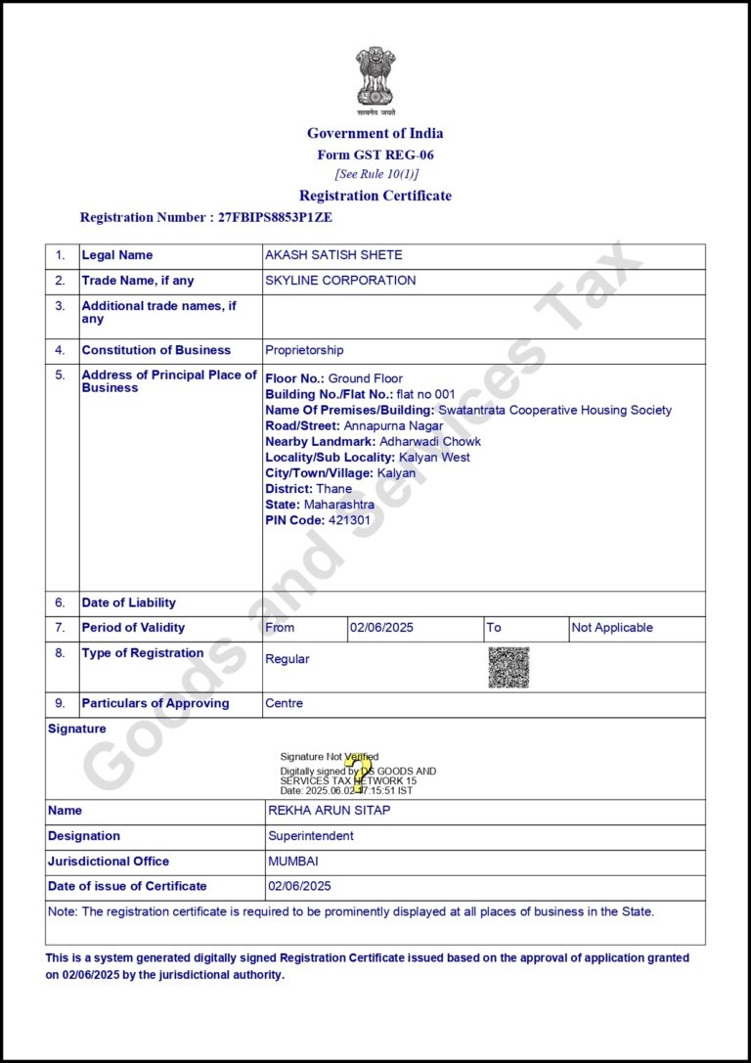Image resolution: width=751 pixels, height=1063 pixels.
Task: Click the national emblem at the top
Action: coord(375,78)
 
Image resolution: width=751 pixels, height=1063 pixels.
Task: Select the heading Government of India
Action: coord(375,133)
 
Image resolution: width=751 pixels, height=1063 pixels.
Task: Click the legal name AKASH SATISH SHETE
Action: coord(333,255)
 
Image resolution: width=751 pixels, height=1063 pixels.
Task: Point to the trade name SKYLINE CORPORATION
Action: coord(340,281)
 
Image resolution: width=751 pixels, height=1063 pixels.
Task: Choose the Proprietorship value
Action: coord(304,350)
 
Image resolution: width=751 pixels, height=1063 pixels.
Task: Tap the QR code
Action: coord(508,667)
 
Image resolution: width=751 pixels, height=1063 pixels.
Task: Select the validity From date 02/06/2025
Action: coord(381,628)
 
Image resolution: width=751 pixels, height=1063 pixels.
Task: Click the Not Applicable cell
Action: coord(612,628)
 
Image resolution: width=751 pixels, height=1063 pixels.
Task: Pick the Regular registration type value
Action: coord(287,659)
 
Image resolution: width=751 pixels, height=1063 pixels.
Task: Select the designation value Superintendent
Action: coord(311,836)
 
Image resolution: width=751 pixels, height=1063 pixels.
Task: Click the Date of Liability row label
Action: coord(129,603)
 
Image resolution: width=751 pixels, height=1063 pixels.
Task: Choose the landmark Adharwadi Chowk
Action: coord(430,441)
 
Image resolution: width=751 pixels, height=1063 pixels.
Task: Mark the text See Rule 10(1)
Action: coord(376,174)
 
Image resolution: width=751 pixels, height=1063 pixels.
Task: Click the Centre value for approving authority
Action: coord(285,703)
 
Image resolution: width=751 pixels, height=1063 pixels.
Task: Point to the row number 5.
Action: coord(61,375)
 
